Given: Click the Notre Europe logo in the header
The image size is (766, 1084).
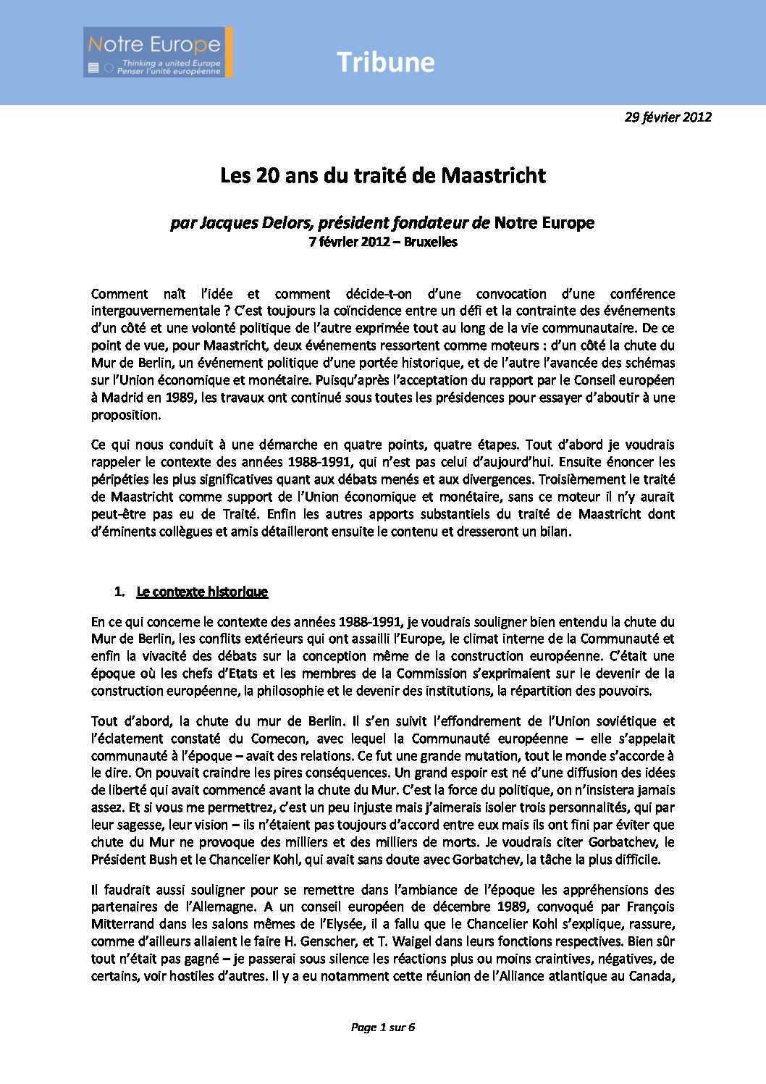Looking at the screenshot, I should click(x=157, y=53).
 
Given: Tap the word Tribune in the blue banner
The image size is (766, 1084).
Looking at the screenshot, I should click(x=385, y=63).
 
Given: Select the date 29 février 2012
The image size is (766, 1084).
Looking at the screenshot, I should click(x=668, y=117).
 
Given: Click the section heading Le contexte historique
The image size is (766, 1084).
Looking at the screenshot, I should click(x=202, y=592).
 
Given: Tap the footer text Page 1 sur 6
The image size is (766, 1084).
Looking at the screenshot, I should click(x=382, y=1027).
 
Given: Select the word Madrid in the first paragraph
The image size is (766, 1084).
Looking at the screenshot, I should click(x=122, y=398).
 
